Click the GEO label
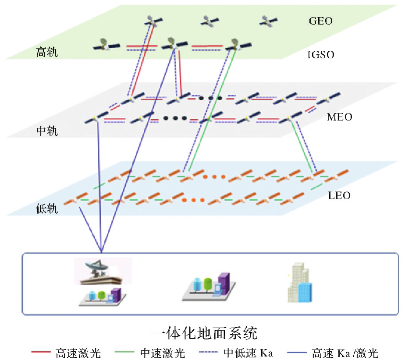pyautogui.click(x=321, y=21)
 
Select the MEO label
pyautogui.click(x=339, y=117)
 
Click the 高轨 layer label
pyautogui.click(x=47, y=53)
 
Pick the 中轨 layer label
pyautogui.click(x=47, y=131)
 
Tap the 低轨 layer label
pyautogui.click(x=47, y=209)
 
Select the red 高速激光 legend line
pyautogui.click(x=42, y=352)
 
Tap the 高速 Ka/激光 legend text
pyautogui.click(x=345, y=352)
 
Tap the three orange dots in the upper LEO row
pyautogui.click(x=214, y=177)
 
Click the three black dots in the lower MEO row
pyautogui.click(x=175, y=118)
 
